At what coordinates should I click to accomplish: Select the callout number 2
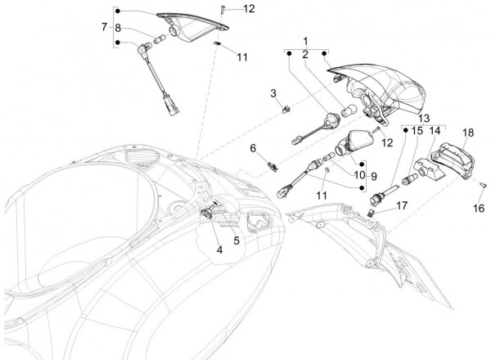tap(305, 54)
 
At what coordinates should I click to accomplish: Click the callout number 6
tap(254, 148)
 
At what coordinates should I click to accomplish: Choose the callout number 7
tap(104, 27)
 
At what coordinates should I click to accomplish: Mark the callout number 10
tap(357, 174)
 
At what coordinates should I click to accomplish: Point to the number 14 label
tap(435, 129)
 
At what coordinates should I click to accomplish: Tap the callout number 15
tap(417, 129)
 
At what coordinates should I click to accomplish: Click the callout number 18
tap(468, 132)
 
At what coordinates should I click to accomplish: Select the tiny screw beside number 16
tap(483, 185)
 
